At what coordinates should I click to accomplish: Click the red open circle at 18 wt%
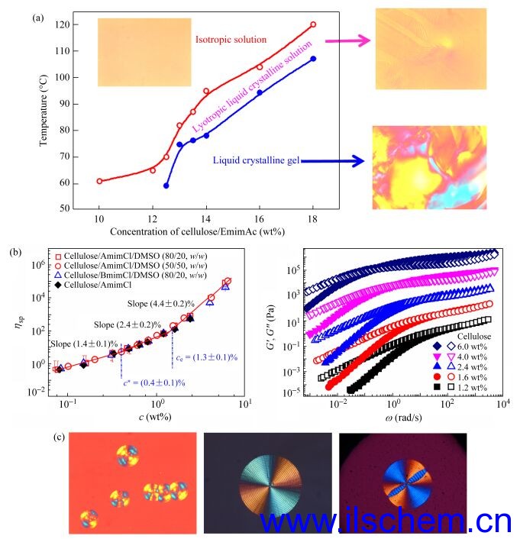pyautogui.click(x=313, y=24)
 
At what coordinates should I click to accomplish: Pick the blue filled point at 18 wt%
pyautogui.click(x=313, y=59)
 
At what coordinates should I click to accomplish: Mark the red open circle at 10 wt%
pyautogui.click(x=99, y=181)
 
